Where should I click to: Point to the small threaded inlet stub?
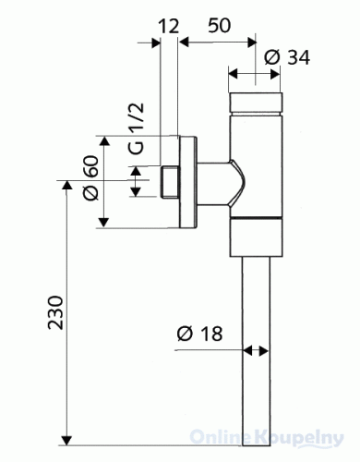click(167, 181)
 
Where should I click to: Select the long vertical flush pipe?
click(258, 351)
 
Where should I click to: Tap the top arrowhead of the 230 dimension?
click(66, 185)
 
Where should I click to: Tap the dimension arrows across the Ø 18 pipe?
click(258, 350)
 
